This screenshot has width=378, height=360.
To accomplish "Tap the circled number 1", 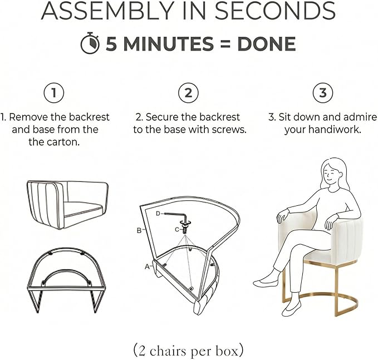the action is (x=54, y=93).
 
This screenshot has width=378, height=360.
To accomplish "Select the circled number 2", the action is (x=188, y=93).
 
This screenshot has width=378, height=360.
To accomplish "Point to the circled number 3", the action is (x=323, y=93).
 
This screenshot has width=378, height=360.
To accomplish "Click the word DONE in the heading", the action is (x=267, y=44).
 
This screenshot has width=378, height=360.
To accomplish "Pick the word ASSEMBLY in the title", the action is (x=107, y=11).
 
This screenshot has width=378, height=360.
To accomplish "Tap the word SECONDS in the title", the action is (x=275, y=11).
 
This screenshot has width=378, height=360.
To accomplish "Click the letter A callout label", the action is (x=147, y=267).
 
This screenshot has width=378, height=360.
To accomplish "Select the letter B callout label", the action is (x=139, y=230).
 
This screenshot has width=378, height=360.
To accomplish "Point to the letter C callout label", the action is (x=177, y=230).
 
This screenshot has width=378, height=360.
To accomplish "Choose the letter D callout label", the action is (x=158, y=214).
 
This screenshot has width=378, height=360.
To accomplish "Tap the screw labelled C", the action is (x=185, y=227).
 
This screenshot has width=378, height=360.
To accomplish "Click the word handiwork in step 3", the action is (x=335, y=130).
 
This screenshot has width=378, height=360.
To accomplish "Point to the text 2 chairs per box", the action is (x=188, y=351).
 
